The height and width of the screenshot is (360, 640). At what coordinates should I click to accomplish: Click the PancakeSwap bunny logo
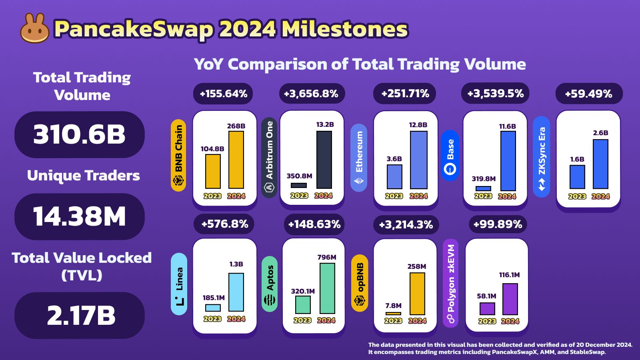35,29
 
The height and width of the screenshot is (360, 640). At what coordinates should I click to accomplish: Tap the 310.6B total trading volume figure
79,134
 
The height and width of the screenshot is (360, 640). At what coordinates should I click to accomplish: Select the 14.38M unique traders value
79,216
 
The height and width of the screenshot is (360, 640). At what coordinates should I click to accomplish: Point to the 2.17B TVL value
81,315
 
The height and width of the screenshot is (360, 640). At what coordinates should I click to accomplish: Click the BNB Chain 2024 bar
236,160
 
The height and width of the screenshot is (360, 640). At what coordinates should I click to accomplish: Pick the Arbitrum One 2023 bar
299,185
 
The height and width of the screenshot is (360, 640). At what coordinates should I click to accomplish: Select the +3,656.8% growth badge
311,94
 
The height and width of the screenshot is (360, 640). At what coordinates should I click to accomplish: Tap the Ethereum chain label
359,158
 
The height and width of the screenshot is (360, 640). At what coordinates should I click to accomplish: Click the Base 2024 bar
508,161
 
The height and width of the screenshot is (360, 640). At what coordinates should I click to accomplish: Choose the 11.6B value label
508,126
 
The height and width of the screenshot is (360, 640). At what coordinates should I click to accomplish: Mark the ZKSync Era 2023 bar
577,177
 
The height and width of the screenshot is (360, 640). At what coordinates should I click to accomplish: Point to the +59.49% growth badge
588,94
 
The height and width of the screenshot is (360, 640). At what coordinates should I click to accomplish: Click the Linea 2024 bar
236,292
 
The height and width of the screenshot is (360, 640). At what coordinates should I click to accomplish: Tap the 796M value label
327,257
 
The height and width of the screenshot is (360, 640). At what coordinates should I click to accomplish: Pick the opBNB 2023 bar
393,314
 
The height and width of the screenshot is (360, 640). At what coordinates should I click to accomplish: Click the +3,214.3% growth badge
406,224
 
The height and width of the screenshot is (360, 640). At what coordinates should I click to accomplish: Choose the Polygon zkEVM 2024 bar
510,299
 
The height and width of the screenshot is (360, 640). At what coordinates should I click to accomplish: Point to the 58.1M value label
486,296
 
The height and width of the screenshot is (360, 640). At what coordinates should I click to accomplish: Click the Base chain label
450,155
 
